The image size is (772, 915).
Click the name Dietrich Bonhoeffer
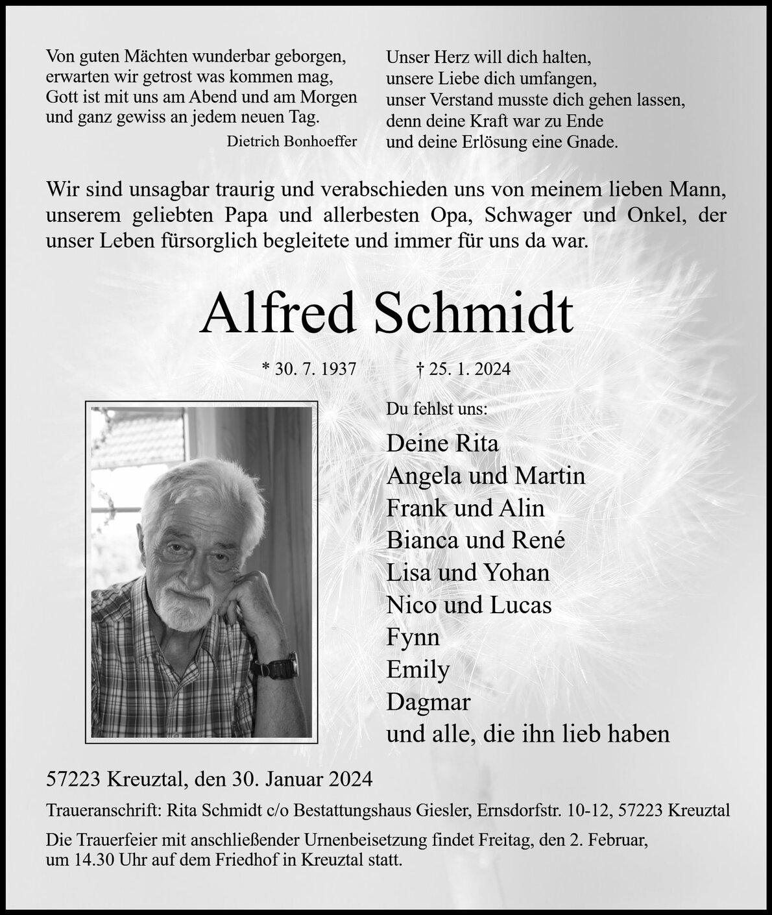(291, 141)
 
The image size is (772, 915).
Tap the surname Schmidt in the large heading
(473, 314)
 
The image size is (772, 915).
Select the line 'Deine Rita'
(442, 443)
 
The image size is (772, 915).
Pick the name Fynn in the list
(413, 637)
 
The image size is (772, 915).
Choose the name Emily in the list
(418, 669)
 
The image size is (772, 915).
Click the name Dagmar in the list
(428, 701)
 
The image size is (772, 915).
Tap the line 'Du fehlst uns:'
(437, 409)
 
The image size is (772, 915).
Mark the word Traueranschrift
(104, 811)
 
